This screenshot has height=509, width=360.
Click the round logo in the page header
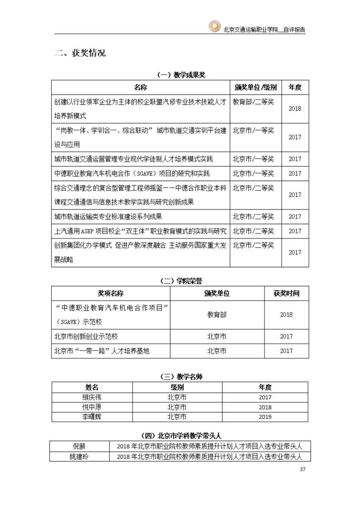tap(214, 26)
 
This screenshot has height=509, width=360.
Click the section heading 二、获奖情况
tap(80, 53)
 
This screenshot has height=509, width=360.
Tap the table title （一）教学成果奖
tap(181, 75)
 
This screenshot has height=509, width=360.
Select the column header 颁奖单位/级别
tap(256, 88)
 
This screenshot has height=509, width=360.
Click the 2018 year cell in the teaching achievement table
tap(295, 109)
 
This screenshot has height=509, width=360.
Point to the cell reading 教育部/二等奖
tap(253, 102)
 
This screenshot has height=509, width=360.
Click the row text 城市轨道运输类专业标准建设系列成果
tap(108, 217)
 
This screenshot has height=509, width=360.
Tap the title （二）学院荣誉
tap(181, 281)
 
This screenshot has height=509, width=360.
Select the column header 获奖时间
tap(286, 294)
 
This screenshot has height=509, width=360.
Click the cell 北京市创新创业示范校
tap(86, 336)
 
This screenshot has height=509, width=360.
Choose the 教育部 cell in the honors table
tap(217, 315)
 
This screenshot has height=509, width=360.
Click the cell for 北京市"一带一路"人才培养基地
tap(102, 351)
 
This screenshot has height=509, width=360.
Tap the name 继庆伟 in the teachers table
tap(92, 397)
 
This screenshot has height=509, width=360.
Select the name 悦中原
tap(92, 407)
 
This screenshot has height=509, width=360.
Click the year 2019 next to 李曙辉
tap(265, 417)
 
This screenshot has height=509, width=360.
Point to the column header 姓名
tap(92, 387)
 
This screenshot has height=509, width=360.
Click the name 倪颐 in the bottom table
tap(79, 446)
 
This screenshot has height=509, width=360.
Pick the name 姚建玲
tap(79, 457)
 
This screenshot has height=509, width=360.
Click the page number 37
tap(303, 469)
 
